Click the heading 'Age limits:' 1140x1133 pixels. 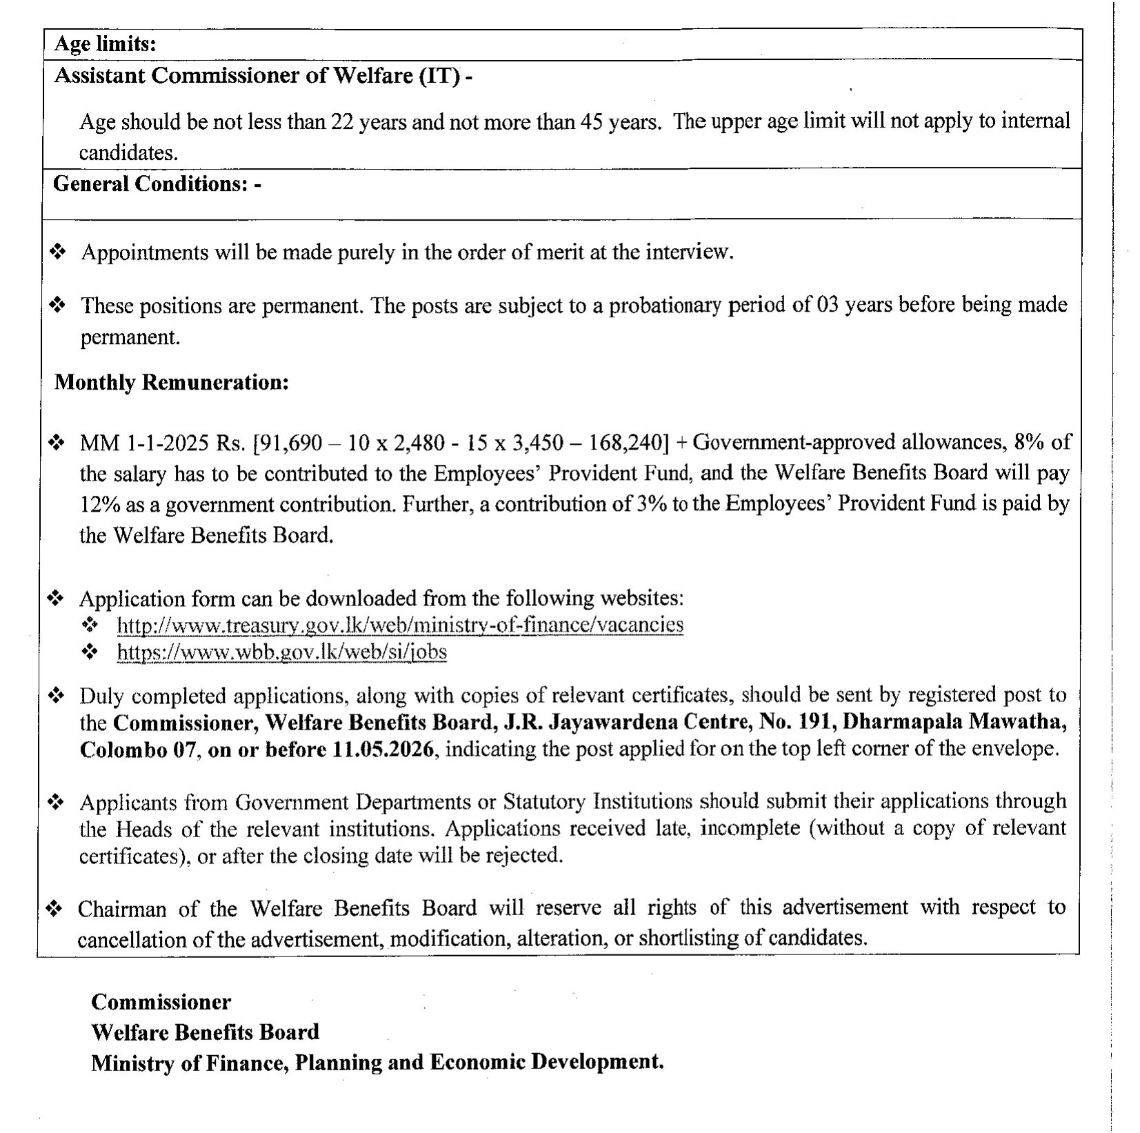tap(106, 45)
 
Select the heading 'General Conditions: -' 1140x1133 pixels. tap(157, 184)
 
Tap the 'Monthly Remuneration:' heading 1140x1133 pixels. tap(171, 382)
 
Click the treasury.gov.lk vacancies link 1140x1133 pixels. tap(400, 625)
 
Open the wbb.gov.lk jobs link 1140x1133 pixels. tap(282, 652)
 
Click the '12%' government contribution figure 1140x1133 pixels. tap(97, 504)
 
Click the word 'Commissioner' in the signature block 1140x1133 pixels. tap(161, 1001)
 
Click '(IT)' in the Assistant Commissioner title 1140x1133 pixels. tap(440, 76)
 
